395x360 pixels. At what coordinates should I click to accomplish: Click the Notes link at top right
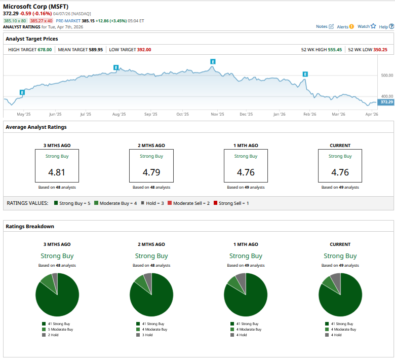[x=325, y=26]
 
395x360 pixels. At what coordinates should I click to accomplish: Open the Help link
[x=386, y=26]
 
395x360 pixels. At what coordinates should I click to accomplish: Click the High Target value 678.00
[x=45, y=50]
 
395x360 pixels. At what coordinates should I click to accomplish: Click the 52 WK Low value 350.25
[x=380, y=50]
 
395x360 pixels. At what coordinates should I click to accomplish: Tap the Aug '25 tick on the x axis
[x=119, y=115]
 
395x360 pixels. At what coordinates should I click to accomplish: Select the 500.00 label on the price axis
[x=387, y=75]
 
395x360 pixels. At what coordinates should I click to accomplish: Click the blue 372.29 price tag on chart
[x=387, y=102]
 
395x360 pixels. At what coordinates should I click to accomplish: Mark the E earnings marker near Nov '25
[x=213, y=61]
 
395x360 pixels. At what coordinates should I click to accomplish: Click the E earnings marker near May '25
[x=22, y=92]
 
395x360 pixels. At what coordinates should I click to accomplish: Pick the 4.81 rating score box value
[x=57, y=172]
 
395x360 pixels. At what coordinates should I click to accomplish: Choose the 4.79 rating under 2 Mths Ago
[x=151, y=172]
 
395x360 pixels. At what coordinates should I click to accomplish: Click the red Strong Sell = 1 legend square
[x=215, y=203]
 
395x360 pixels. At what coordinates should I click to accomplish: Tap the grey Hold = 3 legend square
[x=142, y=203]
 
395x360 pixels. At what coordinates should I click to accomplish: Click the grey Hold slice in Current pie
[x=335, y=278]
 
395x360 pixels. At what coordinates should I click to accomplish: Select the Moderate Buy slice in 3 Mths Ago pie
[x=47, y=281]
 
